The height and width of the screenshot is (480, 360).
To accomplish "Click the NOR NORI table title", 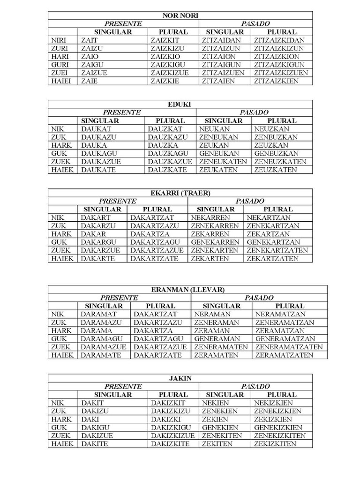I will point(180,15).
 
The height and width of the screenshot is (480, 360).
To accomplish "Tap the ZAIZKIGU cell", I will point(167,65).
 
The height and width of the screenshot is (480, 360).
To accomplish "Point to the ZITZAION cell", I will point(218,57).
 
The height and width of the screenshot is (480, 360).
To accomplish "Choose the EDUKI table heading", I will point(180,105).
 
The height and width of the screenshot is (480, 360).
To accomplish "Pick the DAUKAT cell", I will point(93,129).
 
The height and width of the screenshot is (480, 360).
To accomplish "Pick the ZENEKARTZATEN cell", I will point(277,250).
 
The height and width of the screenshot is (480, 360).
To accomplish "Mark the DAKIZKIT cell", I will point(168,403).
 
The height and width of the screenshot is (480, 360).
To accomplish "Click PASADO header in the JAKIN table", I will point(255,386).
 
